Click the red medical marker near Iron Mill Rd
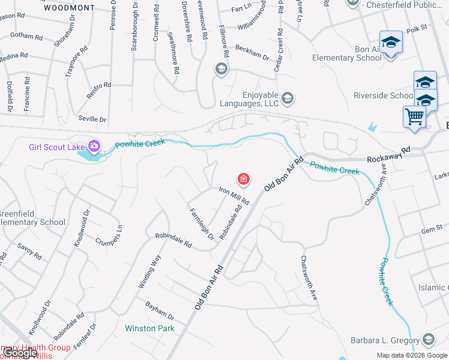tap(244, 179)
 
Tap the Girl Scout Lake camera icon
tap(94, 146)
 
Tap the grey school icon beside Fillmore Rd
tap(221, 70)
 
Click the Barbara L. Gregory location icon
tap(429, 340)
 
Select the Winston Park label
tap(149, 328)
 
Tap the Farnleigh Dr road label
tap(201, 224)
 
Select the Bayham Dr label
tap(159, 310)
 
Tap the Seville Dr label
tap(92, 119)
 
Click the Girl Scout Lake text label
tap(56, 147)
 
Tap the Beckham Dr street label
tap(252, 52)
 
